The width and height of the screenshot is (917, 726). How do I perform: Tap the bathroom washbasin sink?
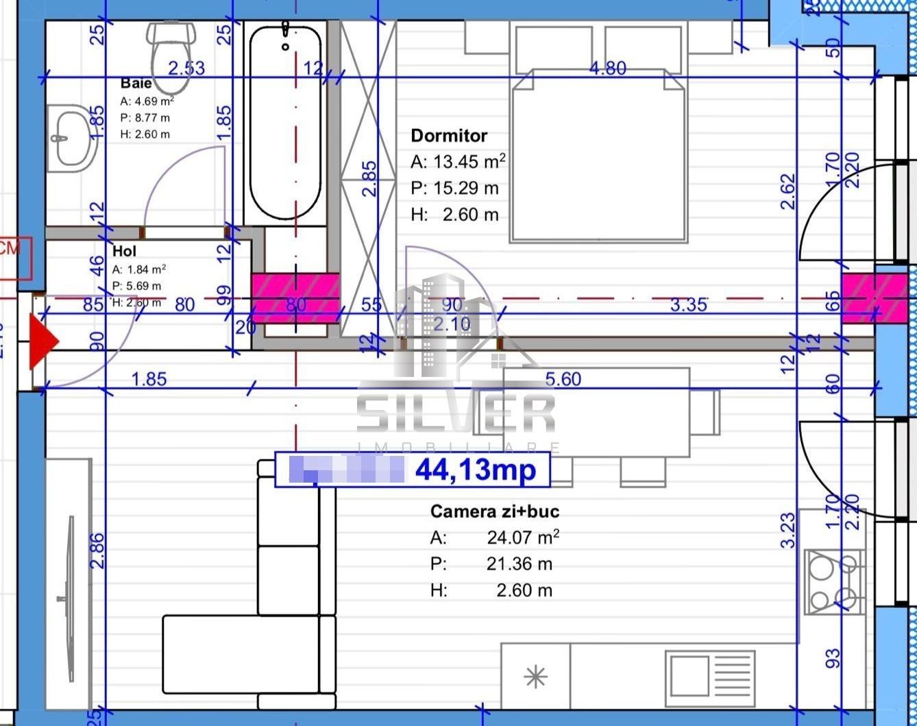pyautogui.click(x=72, y=138)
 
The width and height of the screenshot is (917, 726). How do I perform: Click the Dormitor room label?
pyautogui.click(x=449, y=136)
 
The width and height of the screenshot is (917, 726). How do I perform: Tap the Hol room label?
pyautogui.click(x=124, y=252)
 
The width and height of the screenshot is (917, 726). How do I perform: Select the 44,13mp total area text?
pyautogui.click(x=474, y=470)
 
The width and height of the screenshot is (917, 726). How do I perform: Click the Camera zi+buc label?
pyautogui.click(x=495, y=511)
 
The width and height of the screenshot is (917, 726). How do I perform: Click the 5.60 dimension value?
pyautogui.click(x=563, y=379)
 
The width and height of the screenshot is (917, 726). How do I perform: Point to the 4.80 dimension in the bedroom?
pyautogui.click(x=607, y=68)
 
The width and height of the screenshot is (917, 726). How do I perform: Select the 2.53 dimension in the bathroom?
pyautogui.click(x=186, y=68)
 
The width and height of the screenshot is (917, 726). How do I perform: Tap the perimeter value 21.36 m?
pyautogui.click(x=519, y=564)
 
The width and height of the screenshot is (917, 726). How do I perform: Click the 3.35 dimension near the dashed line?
pyautogui.click(x=687, y=304)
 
